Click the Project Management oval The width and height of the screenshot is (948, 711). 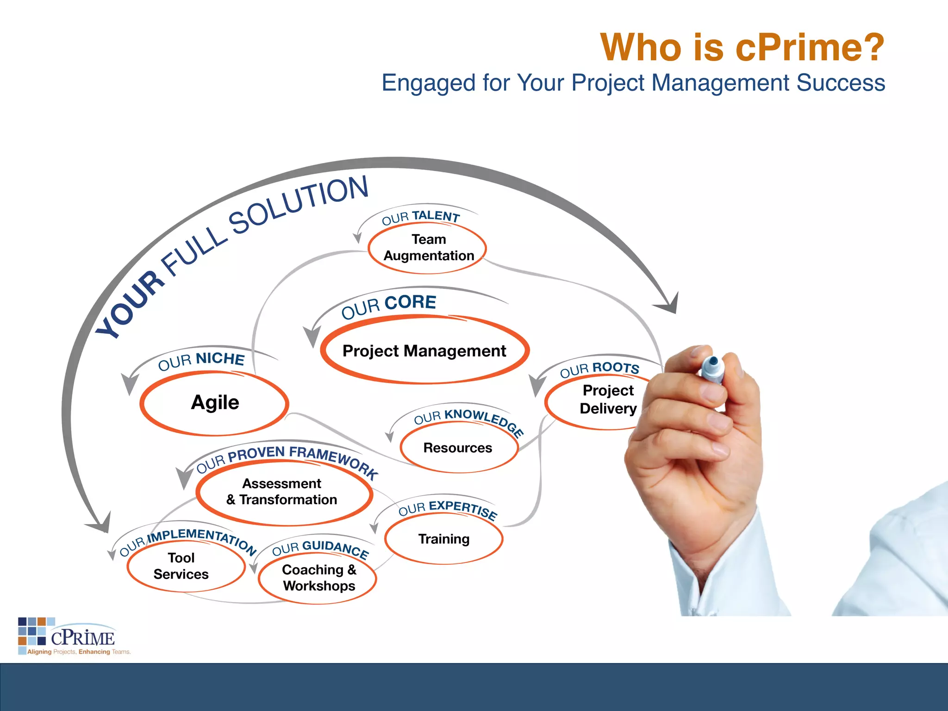(x=424, y=350)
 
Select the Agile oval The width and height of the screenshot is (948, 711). (x=215, y=403)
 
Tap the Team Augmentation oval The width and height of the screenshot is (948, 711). (x=428, y=248)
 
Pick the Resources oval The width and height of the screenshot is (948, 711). (x=458, y=448)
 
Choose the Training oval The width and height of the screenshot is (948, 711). (x=443, y=539)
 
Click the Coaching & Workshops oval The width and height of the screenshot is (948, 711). (x=318, y=577)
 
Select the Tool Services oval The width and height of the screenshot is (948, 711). (x=181, y=566)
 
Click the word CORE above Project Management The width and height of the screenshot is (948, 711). (x=410, y=302)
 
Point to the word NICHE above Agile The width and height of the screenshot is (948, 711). (x=220, y=358)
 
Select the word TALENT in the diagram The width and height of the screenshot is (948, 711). (x=436, y=216)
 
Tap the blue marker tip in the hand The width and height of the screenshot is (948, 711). (x=713, y=362)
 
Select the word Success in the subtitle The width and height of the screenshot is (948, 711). (x=841, y=83)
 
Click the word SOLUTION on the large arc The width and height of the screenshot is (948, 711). (x=299, y=204)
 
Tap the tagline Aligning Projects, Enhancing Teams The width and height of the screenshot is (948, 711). (x=79, y=652)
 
